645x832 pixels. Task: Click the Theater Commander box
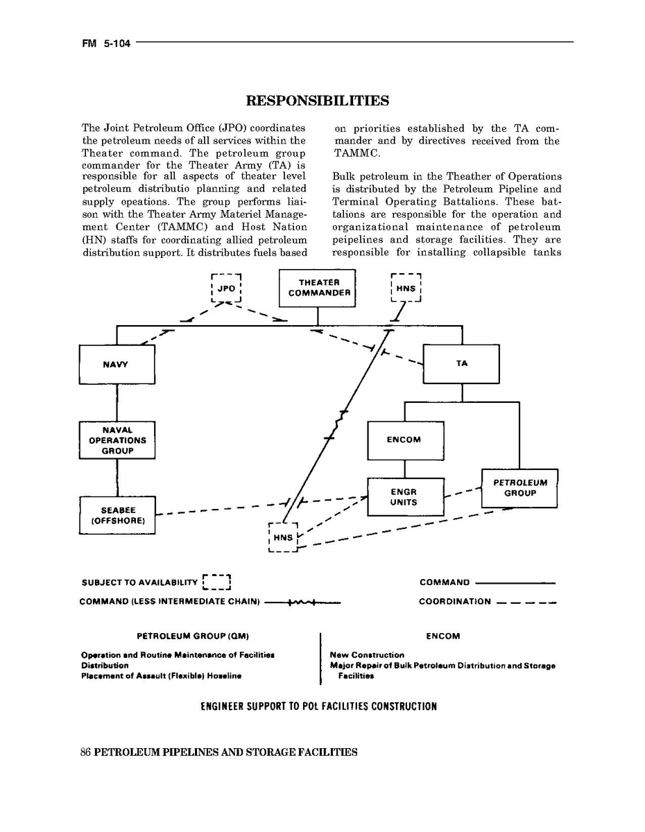pos(317,288)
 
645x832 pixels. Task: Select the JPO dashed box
pos(225,288)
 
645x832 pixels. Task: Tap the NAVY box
pos(116,364)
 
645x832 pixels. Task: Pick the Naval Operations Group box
pos(117,440)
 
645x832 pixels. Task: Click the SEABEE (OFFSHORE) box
pos(117,515)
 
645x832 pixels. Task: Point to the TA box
pos(461,363)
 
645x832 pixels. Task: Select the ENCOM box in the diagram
pos(404,440)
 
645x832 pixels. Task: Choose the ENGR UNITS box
pos(404,496)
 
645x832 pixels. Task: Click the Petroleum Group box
pos(519,488)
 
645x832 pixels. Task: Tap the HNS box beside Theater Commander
pos(406,288)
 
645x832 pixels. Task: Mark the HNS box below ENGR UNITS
pos(283,537)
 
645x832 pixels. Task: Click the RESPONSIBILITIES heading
pos(318,101)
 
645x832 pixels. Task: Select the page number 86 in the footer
pos(86,752)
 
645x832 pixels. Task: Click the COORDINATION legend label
pos(454,602)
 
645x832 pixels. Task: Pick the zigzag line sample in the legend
pos(302,602)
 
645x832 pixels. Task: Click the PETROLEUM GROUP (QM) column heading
pos(193,636)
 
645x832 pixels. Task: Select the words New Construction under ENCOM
pos(367,655)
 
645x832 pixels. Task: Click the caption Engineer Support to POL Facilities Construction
pos(318,707)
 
